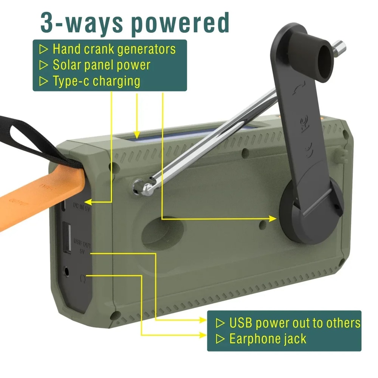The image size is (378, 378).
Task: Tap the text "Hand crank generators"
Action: click(114, 49)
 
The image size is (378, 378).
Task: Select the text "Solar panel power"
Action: click(101, 65)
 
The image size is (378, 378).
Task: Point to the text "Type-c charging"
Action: click(96, 81)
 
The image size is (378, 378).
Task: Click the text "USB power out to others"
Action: click(294, 323)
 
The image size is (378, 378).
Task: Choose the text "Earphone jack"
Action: click(268, 339)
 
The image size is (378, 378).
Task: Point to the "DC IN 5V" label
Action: click(82, 206)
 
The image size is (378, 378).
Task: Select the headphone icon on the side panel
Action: click(83, 279)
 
